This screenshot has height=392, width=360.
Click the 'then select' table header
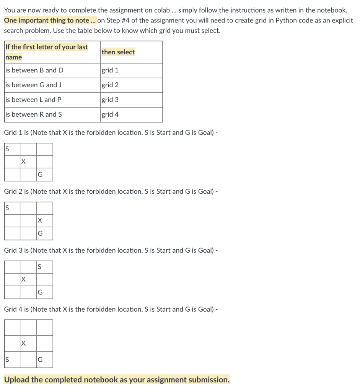[118, 52]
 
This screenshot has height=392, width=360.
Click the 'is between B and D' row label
[34, 70]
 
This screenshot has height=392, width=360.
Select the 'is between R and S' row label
[34, 114]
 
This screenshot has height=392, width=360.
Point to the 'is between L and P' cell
[33, 100]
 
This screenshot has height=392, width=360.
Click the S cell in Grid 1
[12, 149]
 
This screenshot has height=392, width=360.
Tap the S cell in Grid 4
[12, 360]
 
